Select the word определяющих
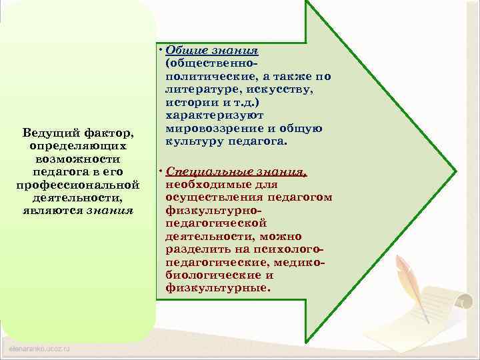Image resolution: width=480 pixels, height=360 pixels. coord(77,145)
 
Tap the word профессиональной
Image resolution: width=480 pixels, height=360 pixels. coord(77,185)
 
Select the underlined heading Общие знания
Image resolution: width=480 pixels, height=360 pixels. coord(211,51)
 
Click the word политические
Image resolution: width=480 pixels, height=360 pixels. coord(198,76)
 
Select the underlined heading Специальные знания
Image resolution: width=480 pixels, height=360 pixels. coord(236,171)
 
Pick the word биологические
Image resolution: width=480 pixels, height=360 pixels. coord(211,275)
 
